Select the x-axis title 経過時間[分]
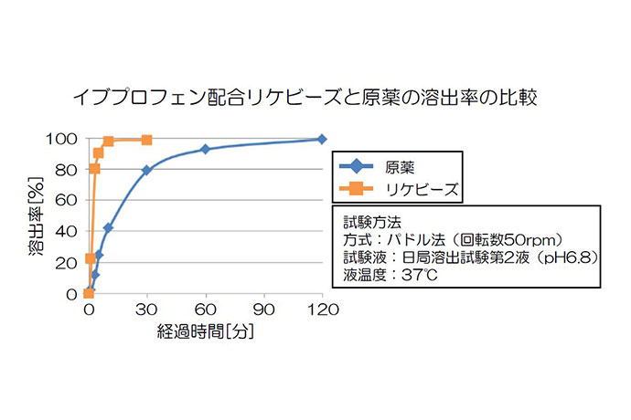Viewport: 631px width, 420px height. (x=205, y=331)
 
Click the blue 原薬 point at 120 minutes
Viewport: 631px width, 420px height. (x=322, y=139)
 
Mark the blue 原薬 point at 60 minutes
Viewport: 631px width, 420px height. (x=205, y=149)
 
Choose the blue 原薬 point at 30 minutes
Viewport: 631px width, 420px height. (x=146, y=170)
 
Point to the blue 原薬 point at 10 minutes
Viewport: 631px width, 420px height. (x=108, y=227)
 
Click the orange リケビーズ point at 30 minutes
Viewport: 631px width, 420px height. (x=146, y=140)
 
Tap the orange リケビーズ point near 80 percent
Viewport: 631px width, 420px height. (x=94, y=169)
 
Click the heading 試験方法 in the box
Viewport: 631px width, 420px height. (x=369, y=221)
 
